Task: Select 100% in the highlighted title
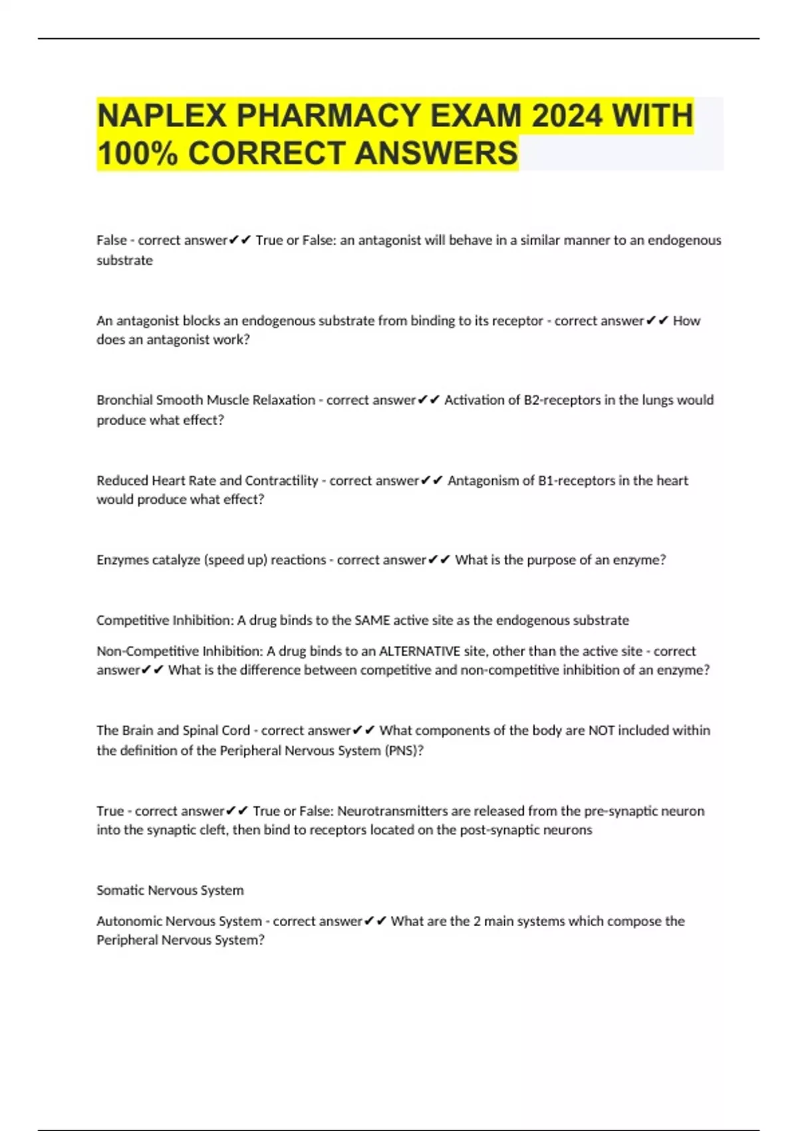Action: pyautogui.click(x=137, y=153)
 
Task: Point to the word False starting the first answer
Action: pyautogui.click(x=111, y=240)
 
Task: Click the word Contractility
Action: pyautogui.click(x=281, y=480)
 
